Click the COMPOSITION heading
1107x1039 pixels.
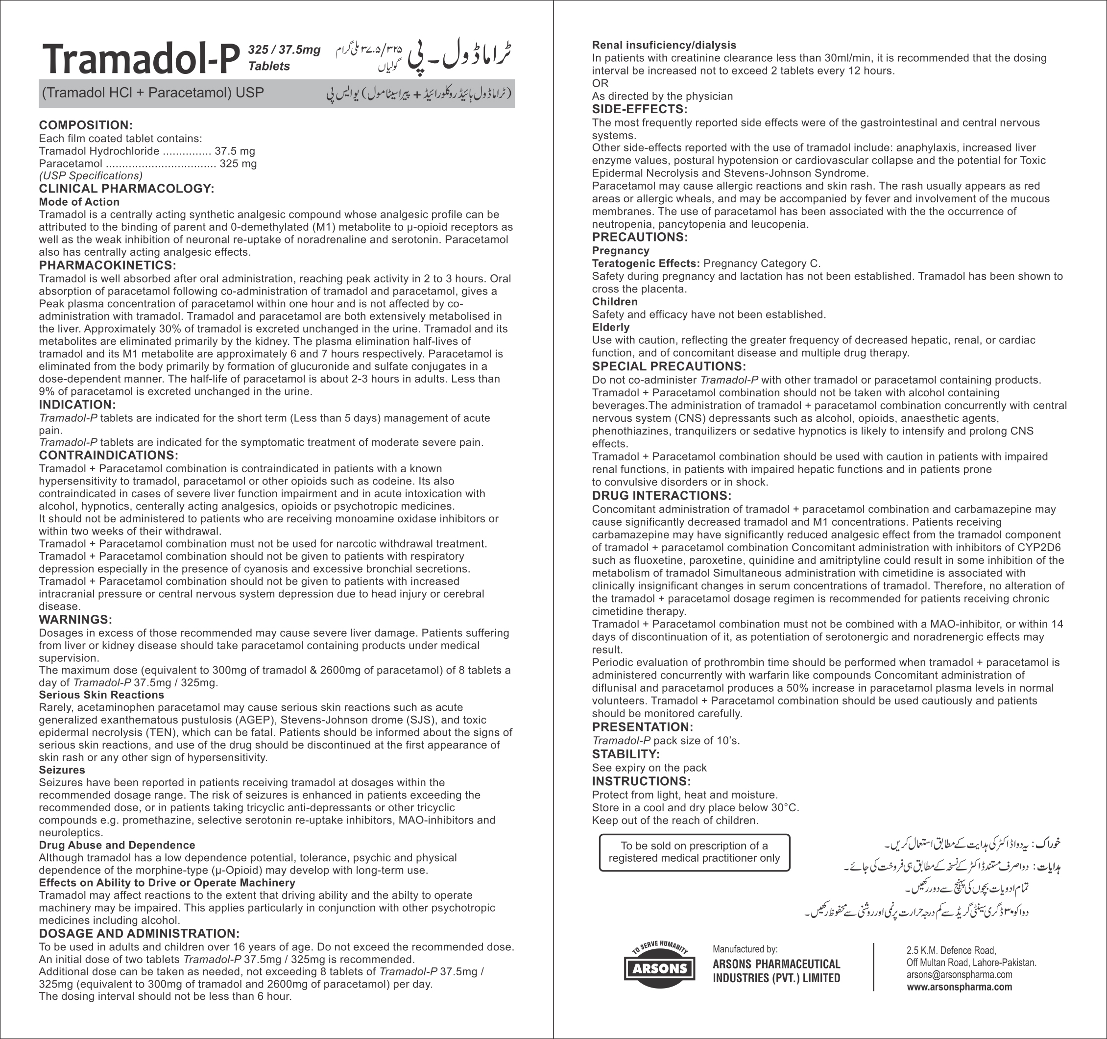pyautogui.click(x=85, y=125)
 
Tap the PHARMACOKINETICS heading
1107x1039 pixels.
pyautogui.click(x=107, y=265)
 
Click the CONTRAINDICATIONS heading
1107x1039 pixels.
pyautogui.click(x=108, y=455)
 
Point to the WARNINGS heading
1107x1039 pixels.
pyautogui.click(x=75, y=620)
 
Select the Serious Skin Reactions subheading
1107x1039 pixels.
pyautogui.click(x=101, y=695)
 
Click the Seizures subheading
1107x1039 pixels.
pyautogui.click(x=62, y=770)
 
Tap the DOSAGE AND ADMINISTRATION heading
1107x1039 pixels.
pyautogui.click(x=139, y=934)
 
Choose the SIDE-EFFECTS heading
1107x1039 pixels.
pyautogui.click(x=639, y=109)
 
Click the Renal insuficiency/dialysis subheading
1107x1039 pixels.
pyautogui.click(x=664, y=45)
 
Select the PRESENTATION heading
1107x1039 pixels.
pyautogui.click(x=642, y=727)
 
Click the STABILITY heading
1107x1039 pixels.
pyautogui.click(x=626, y=754)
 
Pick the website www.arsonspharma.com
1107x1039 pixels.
pyautogui.click(x=959, y=987)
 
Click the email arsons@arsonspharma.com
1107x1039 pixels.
pyautogui.click(x=959, y=974)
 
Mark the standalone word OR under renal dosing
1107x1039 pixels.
pyautogui.click(x=600, y=83)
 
